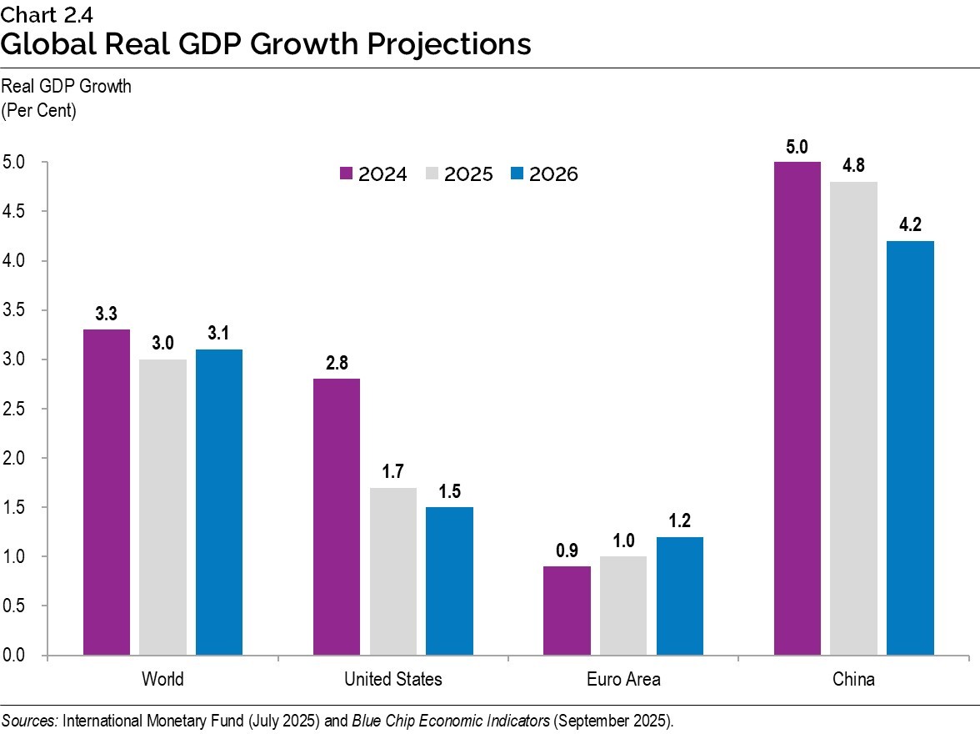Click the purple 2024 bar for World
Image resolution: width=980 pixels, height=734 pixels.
(107, 492)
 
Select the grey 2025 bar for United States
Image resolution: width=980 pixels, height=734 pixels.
(393, 571)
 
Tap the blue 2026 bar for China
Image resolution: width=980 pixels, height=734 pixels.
(910, 448)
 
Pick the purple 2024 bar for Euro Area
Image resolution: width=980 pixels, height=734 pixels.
(567, 611)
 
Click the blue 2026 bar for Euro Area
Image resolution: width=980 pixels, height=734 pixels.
(680, 596)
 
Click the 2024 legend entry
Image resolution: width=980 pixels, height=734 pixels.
(373, 174)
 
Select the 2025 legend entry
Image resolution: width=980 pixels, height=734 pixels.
(459, 174)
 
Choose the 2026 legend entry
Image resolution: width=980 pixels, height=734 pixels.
(544, 174)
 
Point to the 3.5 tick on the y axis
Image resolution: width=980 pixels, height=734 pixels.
(14, 310)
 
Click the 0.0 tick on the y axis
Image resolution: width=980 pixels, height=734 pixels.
(14, 656)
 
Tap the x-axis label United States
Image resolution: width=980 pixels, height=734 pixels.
(393, 680)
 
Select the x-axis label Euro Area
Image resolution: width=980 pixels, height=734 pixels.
(623, 680)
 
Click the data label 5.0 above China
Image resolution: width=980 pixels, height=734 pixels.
(797, 148)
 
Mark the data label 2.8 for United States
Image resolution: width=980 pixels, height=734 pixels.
(337, 364)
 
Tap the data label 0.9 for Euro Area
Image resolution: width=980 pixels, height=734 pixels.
(567, 551)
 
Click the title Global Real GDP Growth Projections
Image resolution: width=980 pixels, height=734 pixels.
(266, 43)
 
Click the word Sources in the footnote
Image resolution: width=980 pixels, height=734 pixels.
(29, 720)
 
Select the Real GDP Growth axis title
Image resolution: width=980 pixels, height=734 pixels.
(67, 87)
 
